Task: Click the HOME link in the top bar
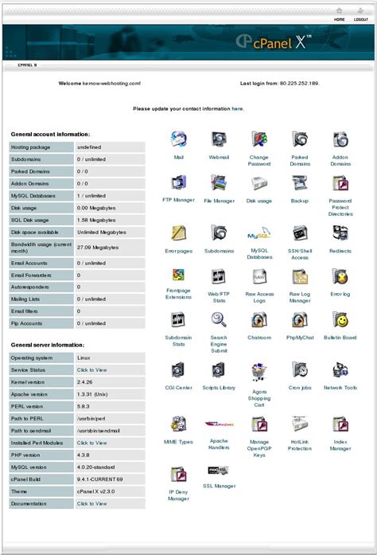tap(340, 18)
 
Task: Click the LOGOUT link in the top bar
tap(360, 18)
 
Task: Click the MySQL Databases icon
tap(259, 233)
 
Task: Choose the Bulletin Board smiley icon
tap(340, 320)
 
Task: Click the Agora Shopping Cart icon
tap(259, 372)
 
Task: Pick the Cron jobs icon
tap(300, 370)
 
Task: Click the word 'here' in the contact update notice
tap(237, 108)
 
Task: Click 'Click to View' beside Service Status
tap(91, 369)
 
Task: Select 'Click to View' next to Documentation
tap(91, 503)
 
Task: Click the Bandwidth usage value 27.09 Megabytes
tap(98, 247)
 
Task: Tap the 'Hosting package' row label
tap(31, 147)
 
